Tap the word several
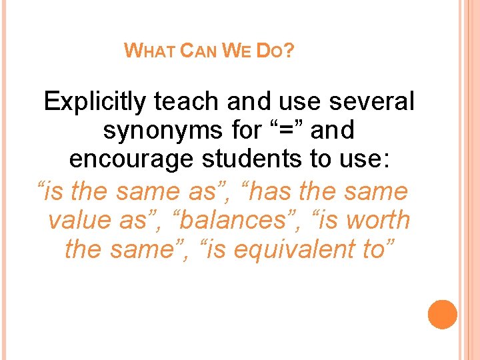click(370, 101)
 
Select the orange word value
click(81, 221)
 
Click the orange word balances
click(222, 221)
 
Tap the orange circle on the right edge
click(442, 314)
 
